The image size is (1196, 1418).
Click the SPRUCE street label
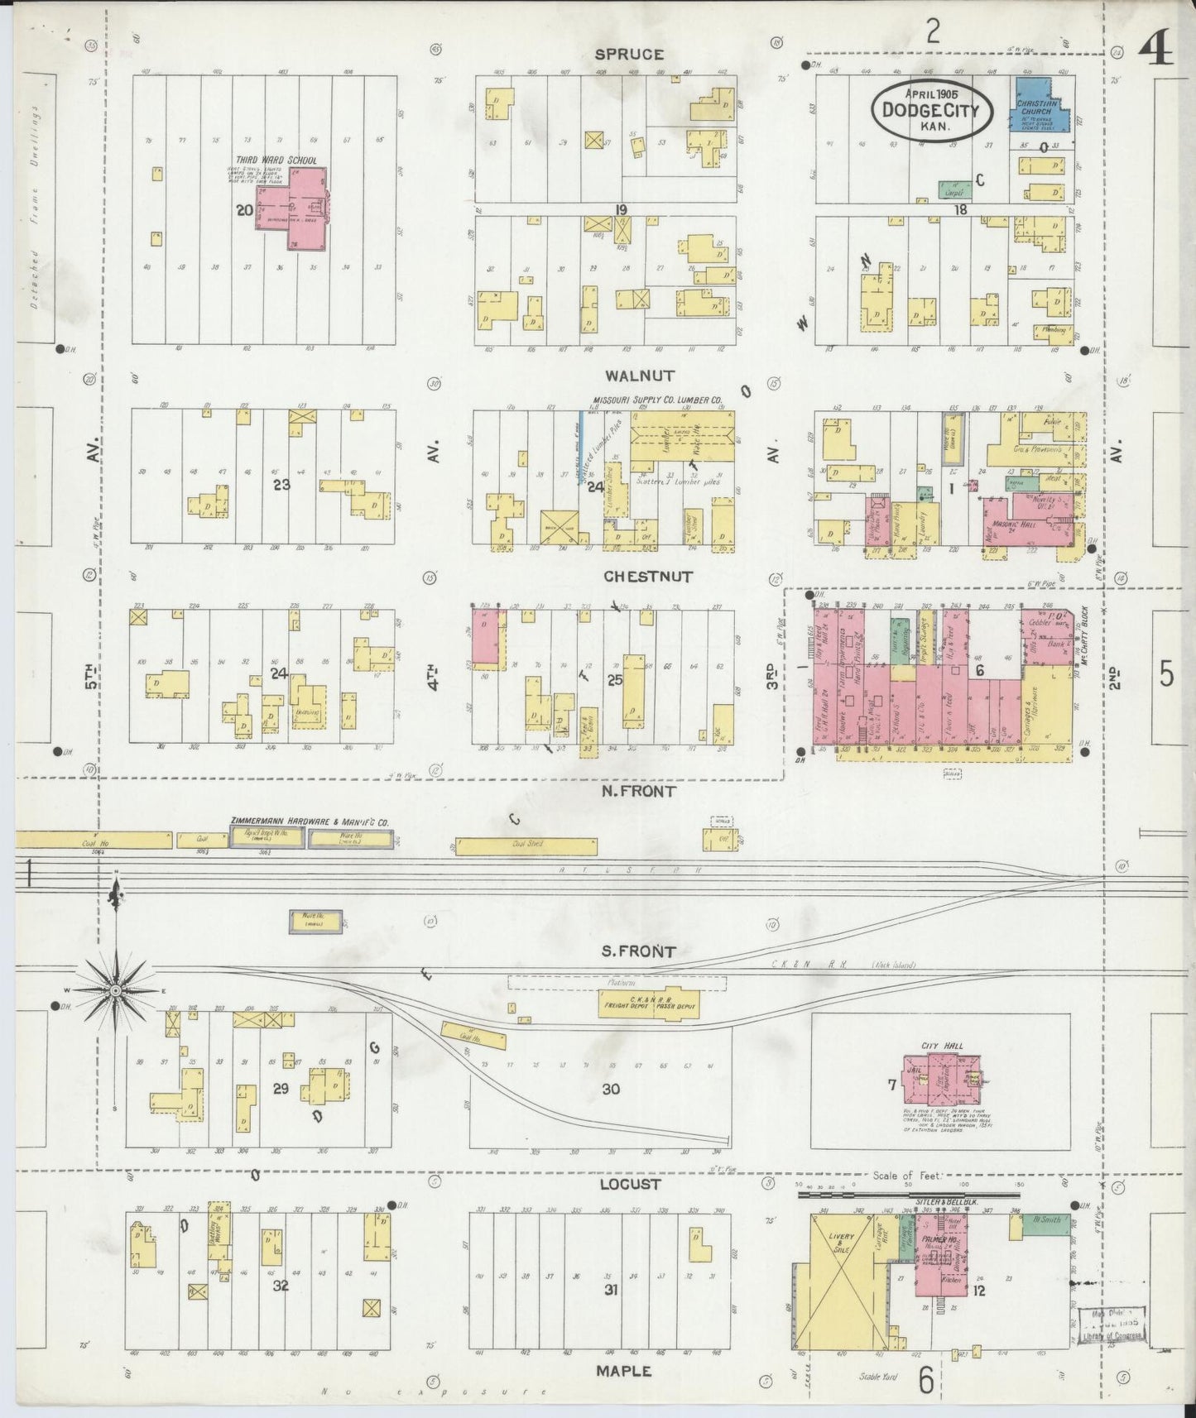point(629,55)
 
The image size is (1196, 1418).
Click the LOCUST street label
point(631,1184)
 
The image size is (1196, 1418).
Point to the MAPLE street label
point(623,1371)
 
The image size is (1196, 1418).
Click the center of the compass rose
point(116,990)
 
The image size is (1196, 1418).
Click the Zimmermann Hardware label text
point(309,822)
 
